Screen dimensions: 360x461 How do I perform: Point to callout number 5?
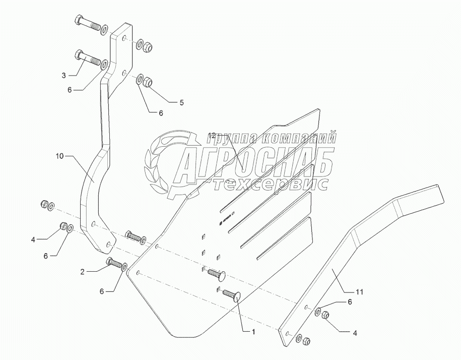tap(181, 102)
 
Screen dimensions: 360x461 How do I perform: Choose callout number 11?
tap(373, 291)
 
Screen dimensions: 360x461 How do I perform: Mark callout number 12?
tap(212, 136)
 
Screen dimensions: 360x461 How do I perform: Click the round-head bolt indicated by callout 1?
tap(230, 295)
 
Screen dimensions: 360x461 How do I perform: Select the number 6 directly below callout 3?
tap(70, 89)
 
